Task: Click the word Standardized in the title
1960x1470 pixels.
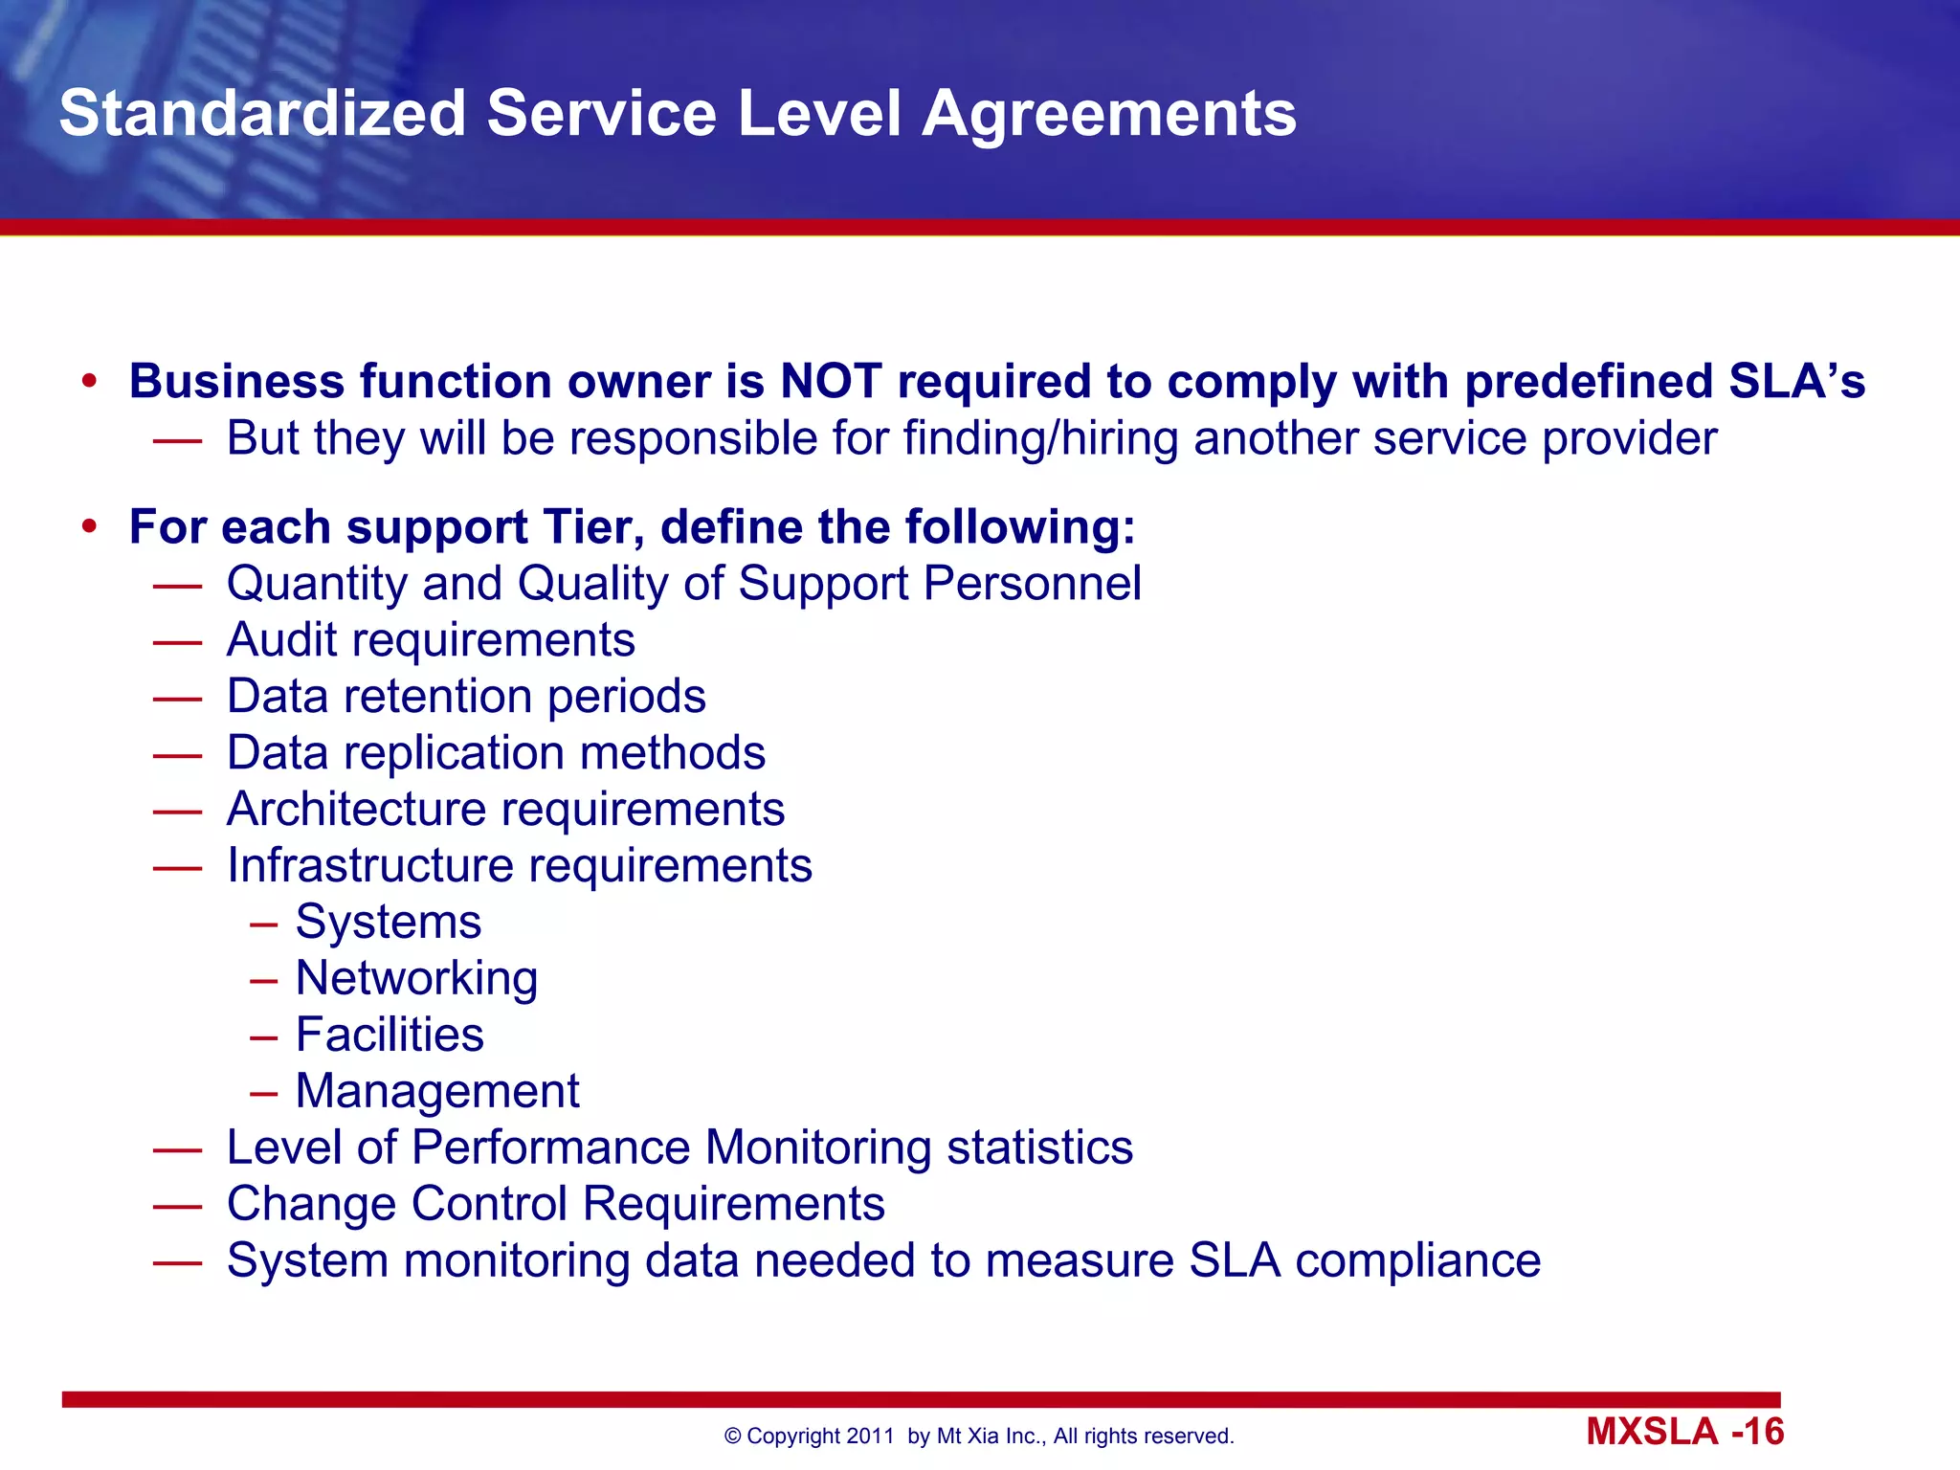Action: [x=262, y=114]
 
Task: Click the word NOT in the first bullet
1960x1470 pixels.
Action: [x=831, y=381]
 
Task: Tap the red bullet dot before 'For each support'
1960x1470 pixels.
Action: [x=90, y=526]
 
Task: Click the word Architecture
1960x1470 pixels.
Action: [x=357, y=809]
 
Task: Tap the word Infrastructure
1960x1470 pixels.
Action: [x=370, y=865]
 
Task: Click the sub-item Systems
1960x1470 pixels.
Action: [x=388, y=922]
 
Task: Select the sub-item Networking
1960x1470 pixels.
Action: [x=416, y=978]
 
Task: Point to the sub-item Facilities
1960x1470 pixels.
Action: [x=390, y=1035]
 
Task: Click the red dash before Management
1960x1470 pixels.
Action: [x=263, y=1092]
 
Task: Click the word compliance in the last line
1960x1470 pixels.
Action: [x=1417, y=1260]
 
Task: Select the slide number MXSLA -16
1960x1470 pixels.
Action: [x=1684, y=1432]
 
